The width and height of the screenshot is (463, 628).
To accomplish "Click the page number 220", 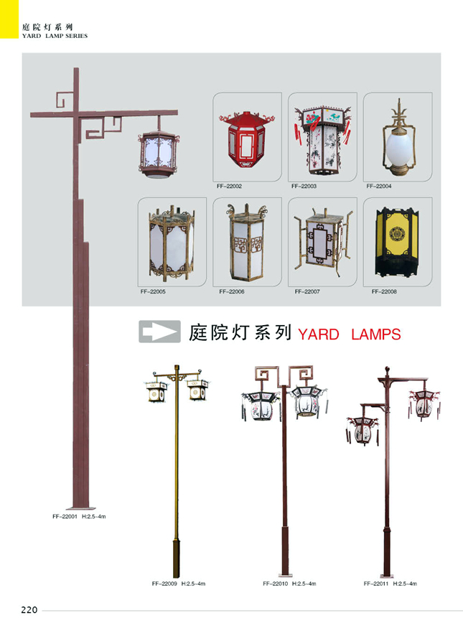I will pos(29,611).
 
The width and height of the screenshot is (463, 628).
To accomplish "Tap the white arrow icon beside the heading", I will pos(159,332).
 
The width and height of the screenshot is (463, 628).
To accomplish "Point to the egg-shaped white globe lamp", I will pos(398,146).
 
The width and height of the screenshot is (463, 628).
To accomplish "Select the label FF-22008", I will pos(384,292).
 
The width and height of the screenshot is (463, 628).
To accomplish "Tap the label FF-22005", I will pos(153,292).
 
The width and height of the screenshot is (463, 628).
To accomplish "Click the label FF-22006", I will pos(232,292).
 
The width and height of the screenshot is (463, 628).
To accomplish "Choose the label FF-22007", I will pos(307,292).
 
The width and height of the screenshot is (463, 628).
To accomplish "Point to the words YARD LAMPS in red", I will pos(349,334).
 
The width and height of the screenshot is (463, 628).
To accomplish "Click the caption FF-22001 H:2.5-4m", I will pos(79,517).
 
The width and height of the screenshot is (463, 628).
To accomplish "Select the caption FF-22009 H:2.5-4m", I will pos(179,584).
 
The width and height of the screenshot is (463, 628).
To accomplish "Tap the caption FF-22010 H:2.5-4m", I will pos(289,584).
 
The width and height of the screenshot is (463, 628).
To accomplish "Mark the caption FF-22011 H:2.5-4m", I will pos(390,584).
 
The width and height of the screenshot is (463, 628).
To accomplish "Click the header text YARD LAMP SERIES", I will pos(55,36).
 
